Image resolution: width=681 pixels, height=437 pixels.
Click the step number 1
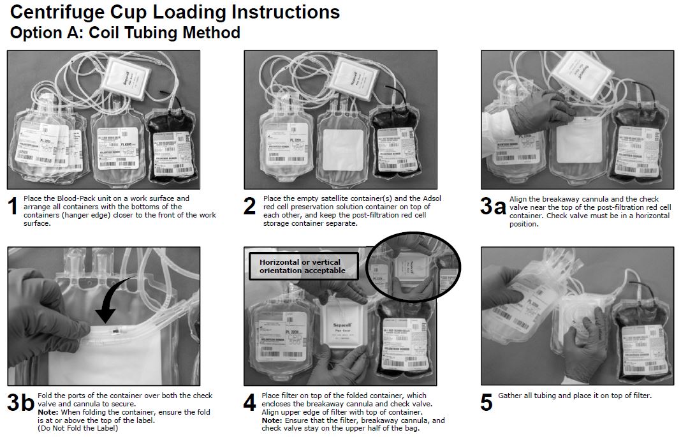coord(12,207)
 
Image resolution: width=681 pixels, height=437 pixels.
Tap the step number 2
coord(249,207)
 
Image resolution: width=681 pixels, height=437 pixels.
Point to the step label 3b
coord(20,403)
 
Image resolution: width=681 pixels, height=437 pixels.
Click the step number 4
coord(249,403)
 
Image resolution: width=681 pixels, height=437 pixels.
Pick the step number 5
coord(486,403)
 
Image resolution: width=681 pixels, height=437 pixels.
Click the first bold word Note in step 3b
coord(48,412)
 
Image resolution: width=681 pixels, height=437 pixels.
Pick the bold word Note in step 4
coord(272,420)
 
